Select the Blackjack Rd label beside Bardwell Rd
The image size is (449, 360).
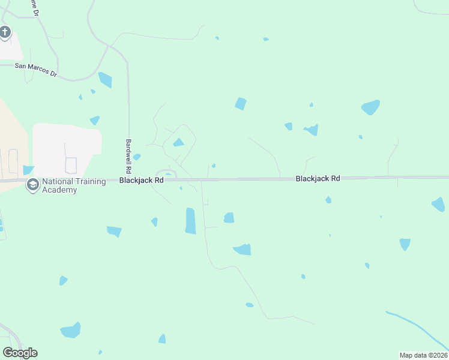coord(141,180)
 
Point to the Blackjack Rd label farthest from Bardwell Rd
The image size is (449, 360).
coord(318,179)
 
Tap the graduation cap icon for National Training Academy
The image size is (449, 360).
coord(32,185)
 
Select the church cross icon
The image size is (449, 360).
coord(5,32)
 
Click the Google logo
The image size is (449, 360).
coord(20,353)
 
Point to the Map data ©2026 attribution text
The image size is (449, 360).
coord(423,355)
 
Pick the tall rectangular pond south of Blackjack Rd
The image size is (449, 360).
coord(190,221)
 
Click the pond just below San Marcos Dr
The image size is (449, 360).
coord(105,79)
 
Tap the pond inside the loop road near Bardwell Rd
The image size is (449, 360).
coord(178,143)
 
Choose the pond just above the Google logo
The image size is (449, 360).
coord(70,331)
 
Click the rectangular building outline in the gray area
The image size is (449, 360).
coord(71,165)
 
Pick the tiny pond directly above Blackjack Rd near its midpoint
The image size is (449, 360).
coord(214,166)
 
